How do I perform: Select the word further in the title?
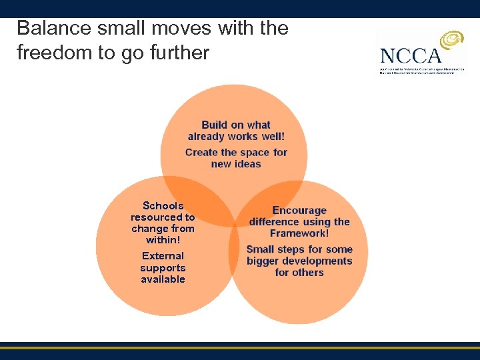pos(179,53)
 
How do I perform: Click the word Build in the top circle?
pos(214,125)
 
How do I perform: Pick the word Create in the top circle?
pos(202,152)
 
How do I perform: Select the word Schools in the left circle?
pos(163,206)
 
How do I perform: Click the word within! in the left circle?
pos(163,240)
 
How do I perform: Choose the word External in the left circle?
pos(163,256)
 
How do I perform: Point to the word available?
pos(163,279)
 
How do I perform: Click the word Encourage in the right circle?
pos(299,211)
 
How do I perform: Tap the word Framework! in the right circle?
pos(299,233)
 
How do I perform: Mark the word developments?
pos(320,261)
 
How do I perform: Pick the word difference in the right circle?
pos(276,222)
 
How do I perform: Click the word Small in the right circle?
pos(262,249)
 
